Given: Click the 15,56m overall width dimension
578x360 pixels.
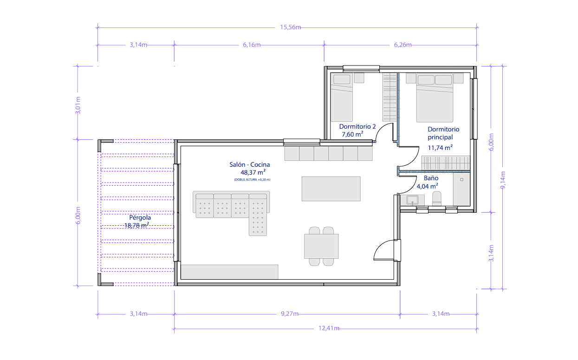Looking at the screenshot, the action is coord(290,27).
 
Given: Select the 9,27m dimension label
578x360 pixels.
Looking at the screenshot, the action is coord(290,314).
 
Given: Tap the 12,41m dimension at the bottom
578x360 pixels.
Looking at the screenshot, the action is coord(329,328).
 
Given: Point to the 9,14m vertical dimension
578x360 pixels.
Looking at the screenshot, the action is coord(503,180).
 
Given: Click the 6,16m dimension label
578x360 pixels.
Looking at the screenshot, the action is coord(252,45).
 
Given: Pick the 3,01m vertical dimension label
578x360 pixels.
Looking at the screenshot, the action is coord(78,105).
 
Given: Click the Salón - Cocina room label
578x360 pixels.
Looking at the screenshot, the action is coord(249,164).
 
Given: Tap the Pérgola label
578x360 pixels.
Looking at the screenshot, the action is coord(140,217).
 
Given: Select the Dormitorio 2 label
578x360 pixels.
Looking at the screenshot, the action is coord(357,126).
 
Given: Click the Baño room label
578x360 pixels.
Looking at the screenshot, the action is coord(431,178).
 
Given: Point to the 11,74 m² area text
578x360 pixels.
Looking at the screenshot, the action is coord(440,148).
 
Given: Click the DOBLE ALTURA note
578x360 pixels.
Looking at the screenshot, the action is coord(252,179).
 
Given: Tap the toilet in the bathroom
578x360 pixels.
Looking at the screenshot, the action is coord(437,199).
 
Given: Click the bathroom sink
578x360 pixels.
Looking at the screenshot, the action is coord(412,200).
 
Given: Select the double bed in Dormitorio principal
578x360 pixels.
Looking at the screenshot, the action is coord(435,98).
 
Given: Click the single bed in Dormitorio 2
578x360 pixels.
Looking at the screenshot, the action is coord(342,98).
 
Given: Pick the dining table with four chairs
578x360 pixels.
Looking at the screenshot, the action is coord(321,246).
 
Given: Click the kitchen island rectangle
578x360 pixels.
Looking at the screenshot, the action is coord(331,189).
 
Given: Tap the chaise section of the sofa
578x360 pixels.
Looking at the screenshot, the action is coord(258,215).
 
